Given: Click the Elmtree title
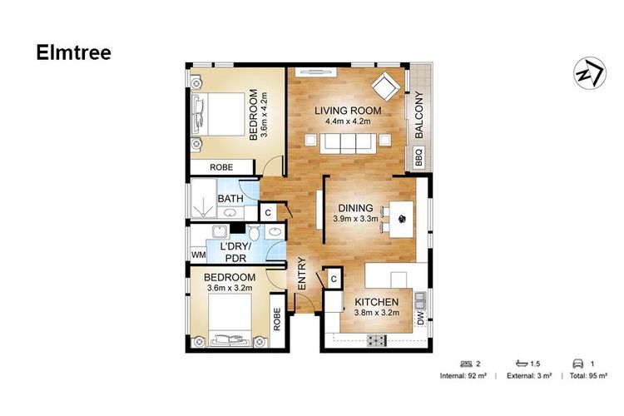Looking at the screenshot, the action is (x=73, y=52).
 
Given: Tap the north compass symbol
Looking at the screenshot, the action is (x=590, y=73).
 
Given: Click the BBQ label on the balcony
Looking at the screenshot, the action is (x=418, y=157).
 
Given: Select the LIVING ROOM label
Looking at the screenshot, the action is (x=348, y=111).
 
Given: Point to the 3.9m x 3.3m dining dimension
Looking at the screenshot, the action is (x=355, y=219).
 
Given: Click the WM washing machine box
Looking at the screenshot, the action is (x=199, y=255).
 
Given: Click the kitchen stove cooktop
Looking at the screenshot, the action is (x=376, y=340).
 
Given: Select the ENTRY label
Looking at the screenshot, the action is (x=302, y=274).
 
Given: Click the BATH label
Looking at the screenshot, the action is (x=230, y=198).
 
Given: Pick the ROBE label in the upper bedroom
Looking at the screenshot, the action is (x=221, y=167).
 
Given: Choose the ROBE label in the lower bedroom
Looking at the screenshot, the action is (x=277, y=319).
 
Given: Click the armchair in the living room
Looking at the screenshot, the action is (x=385, y=85).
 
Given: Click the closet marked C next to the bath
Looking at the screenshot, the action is (x=268, y=213).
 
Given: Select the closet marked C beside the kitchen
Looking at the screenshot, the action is (x=334, y=279).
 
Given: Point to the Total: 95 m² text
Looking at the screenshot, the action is (x=588, y=375).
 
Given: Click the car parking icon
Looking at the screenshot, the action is (x=577, y=364).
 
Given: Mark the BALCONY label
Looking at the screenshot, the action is (x=418, y=115).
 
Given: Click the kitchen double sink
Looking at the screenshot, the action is (x=420, y=300).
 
